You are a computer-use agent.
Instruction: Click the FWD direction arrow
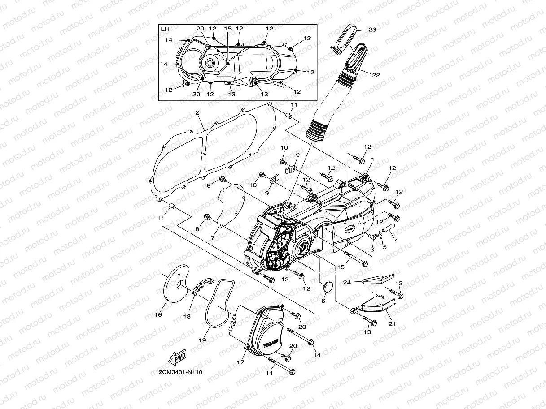pyautogui.click(x=177, y=357)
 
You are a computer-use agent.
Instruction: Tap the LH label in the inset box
pyautogui.click(x=165, y=29)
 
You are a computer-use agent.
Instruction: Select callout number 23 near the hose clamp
pyautogui.click(x=372, y=30)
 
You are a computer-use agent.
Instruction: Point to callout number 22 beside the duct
pyautogui.click(x=376, y=75)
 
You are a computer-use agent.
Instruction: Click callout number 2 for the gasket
pyautogui.click(x=197, y=114)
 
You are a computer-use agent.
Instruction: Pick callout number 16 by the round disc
pyautogui.click(x=158, y=315)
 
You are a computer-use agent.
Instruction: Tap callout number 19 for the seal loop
pyautogui.click(x=202, y=340)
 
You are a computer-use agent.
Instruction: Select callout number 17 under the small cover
pyautogui.click(x=241, y=362)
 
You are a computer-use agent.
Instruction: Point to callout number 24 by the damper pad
pyautogui.click(x=347, y=282)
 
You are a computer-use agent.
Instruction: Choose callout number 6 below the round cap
pyautogui.click(x=323, y=301)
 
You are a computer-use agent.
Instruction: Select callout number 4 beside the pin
pyautogui.click(x=396, y=241)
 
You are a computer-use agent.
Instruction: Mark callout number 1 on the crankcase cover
pyautogui.click(x=372, y=159)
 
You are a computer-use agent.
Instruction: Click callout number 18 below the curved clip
pyautogui.click(x=187, y=316)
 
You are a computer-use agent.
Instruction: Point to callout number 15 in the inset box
pyautogui.click(x=228, y=29)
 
